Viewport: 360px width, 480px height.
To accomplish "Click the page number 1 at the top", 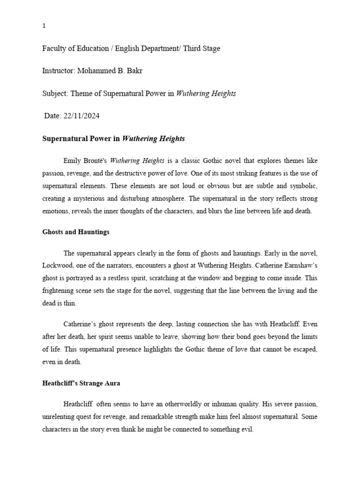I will [x=44, y=26].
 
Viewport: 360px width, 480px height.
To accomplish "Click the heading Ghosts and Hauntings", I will [x=76, y=232].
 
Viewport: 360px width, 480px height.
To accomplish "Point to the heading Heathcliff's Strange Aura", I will [x=81, y=383].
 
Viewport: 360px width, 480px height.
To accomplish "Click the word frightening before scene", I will [x=60, y=291].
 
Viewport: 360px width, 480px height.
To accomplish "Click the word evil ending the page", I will [x=247, y=429].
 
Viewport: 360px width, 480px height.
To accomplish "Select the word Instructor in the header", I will [x=57, y=71].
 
